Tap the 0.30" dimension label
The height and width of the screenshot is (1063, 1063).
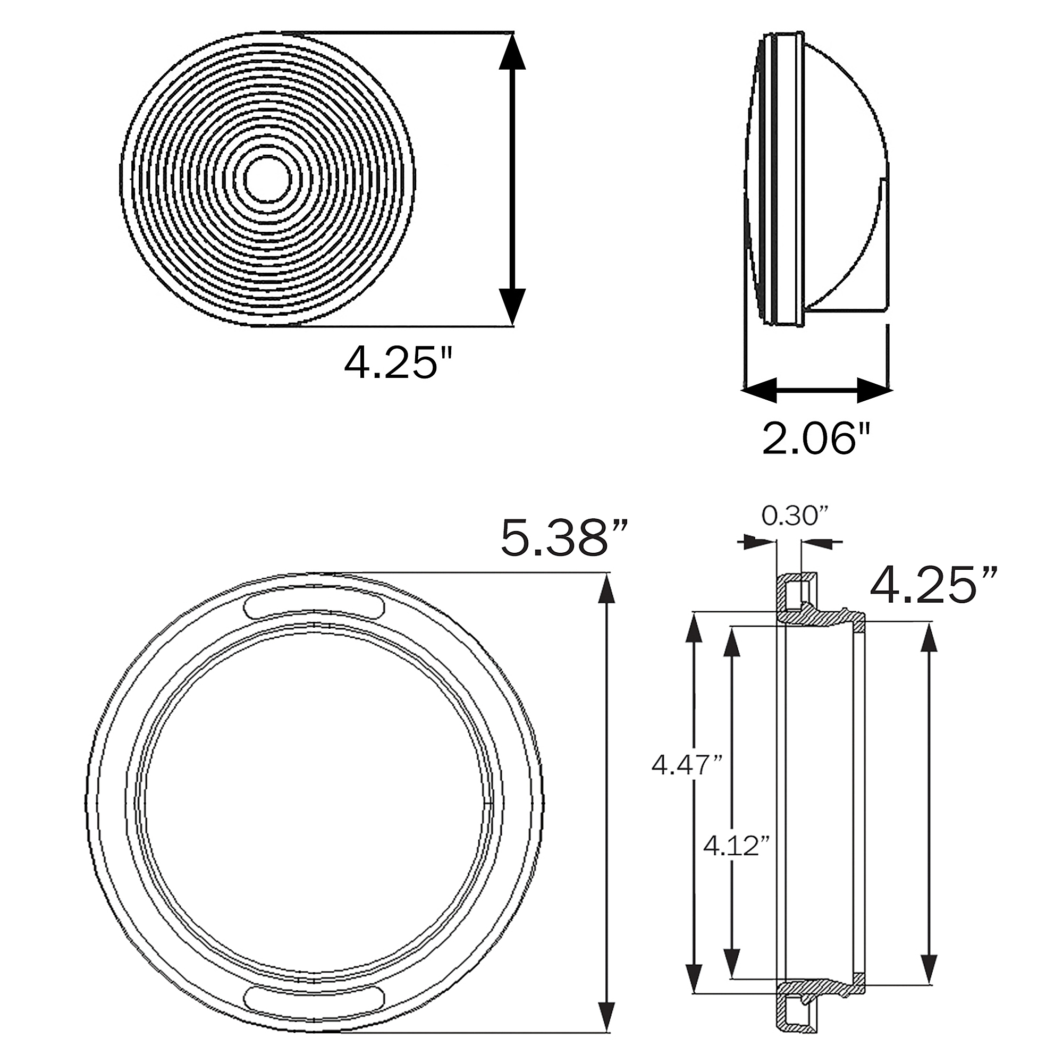pyautogui.click(x=795, y=516)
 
